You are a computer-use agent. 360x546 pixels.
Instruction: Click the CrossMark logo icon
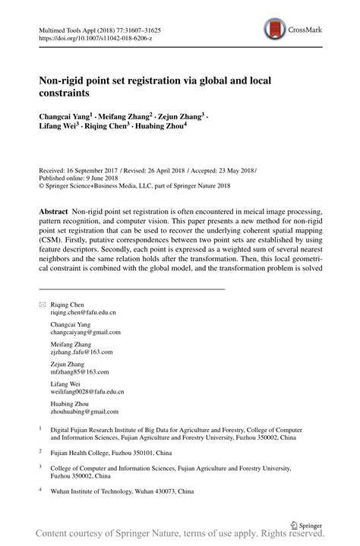[276, 30]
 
